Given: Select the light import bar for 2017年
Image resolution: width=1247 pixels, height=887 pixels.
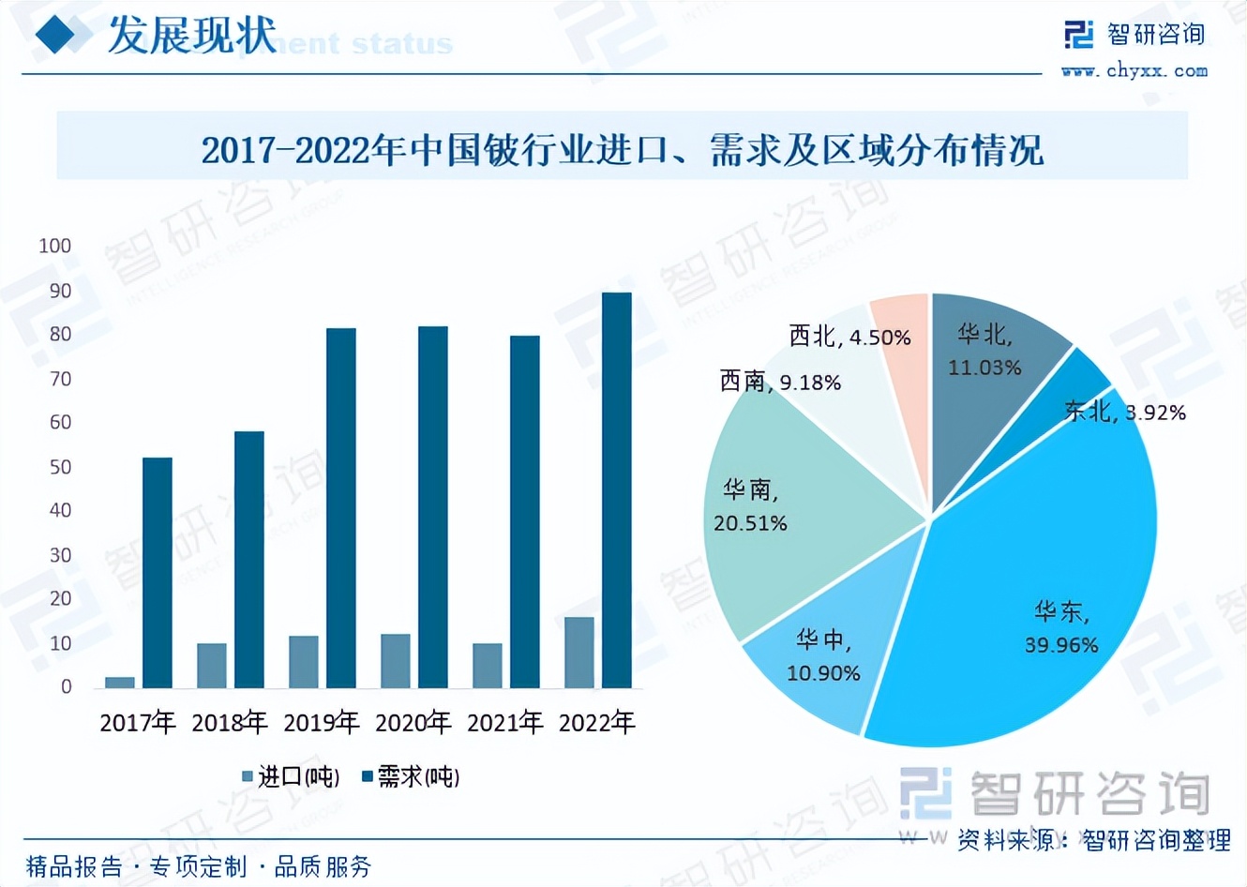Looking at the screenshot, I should tap(120, 682).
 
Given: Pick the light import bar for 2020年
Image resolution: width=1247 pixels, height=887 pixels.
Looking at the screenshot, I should tap(396, 661).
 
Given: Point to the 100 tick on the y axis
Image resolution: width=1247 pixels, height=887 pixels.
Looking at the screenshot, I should tap(54, 246).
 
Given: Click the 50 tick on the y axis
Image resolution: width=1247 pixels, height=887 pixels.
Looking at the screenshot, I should tap(60, 467).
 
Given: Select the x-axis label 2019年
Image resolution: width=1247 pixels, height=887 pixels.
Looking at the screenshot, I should tap(322, 722).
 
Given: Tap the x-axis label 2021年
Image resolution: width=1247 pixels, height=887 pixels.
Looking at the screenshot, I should tap(505, 722).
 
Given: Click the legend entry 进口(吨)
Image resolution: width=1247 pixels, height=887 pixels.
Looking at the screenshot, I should tap(291, 776).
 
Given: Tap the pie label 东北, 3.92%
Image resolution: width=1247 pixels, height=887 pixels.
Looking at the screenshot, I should tap(1125, 412).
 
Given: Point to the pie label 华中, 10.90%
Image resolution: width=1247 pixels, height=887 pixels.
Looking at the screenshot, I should tap(823, 656).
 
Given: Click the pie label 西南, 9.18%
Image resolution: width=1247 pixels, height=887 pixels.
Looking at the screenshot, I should tap(780, 381).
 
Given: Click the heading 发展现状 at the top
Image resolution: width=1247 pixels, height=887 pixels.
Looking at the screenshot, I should tap(191, 36).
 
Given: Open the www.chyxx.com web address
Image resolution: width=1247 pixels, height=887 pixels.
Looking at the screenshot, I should tap(1134, 70).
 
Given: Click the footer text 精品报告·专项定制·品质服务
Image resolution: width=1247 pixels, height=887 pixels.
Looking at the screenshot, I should tap(199, 866).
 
